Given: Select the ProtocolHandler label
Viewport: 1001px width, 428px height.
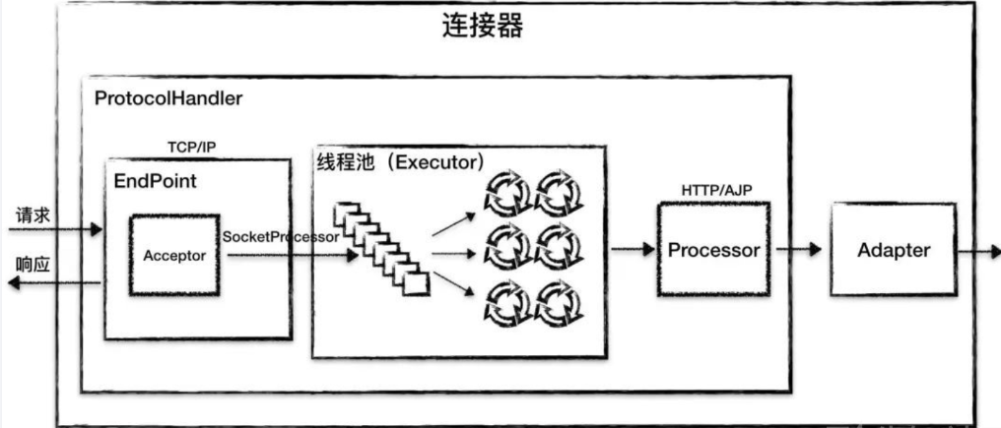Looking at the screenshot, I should click(168, 99).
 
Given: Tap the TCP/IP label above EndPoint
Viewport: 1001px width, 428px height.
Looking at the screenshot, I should click(192, 148).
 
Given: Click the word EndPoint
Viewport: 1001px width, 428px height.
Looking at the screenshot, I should click(155, 182).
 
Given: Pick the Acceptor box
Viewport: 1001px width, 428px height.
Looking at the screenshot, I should click(174, 256).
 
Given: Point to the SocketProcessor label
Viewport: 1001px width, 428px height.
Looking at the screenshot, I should click(281, 237).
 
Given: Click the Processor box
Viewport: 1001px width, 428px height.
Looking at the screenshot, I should click(713, 250).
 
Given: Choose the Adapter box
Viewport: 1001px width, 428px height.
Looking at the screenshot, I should click(893, 250).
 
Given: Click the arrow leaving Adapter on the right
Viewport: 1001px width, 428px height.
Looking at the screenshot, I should click(977, 250).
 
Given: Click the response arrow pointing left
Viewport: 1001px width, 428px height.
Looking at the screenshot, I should click(54, 282).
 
